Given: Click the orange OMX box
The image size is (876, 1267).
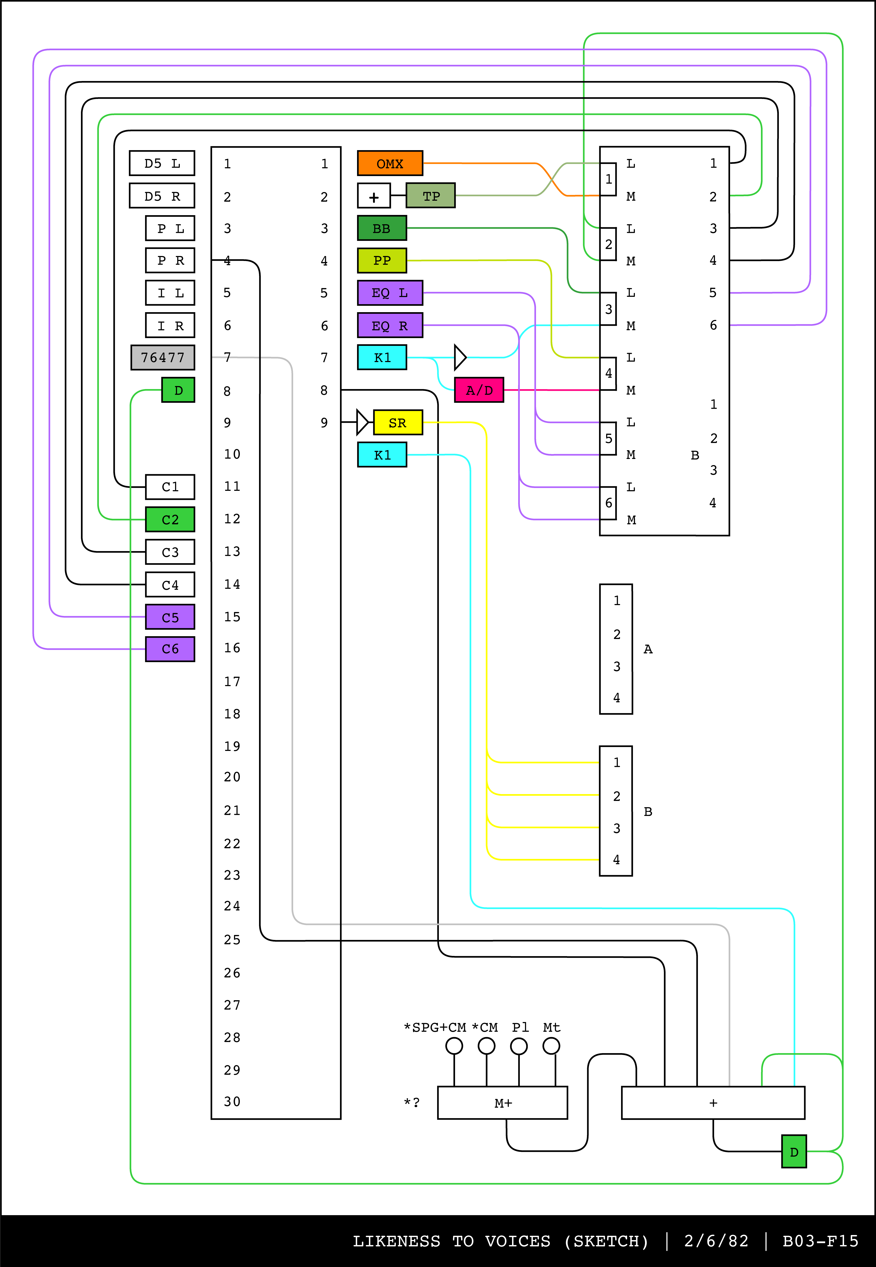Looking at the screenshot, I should [x=390, y=163].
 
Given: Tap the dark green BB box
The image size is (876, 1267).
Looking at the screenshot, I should [x=382, y=228].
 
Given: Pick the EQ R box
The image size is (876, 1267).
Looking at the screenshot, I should [x=390, y=325].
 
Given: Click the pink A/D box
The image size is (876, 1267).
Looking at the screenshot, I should [x=479, y=390].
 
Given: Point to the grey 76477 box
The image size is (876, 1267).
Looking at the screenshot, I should [x=163, y=358].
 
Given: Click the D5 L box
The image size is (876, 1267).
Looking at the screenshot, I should [x=162, y=163].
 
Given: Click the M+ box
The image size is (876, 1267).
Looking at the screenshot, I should [x=502, y=1103].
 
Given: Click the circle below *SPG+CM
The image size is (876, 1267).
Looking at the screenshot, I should [x=454, y=1046].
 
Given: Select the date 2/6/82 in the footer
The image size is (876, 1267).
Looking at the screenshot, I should [x=716, y=1241].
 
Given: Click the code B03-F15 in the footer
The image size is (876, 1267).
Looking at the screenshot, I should [x=820, y=1241].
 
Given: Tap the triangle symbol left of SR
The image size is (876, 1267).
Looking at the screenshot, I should [x=362, y=422].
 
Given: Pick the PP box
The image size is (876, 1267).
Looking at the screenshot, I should [x=382, y=260].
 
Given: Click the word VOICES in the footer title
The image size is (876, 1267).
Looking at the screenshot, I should [x=518, y=1241].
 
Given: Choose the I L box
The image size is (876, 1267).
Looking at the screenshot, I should [x=170, y=293].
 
